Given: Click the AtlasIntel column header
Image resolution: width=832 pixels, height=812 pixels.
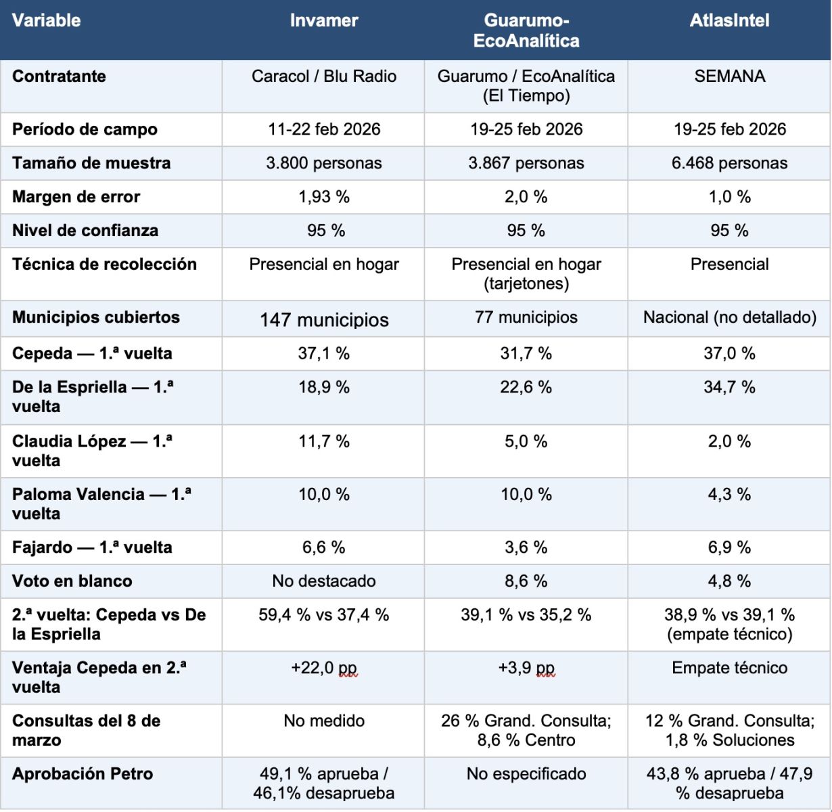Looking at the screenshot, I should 729,20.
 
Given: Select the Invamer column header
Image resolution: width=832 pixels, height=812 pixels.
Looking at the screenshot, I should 324,20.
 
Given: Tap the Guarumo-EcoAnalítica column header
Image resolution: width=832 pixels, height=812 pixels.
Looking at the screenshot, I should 526,30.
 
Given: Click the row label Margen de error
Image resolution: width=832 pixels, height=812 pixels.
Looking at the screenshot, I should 76,197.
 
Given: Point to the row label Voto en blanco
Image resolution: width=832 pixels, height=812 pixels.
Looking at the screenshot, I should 72,581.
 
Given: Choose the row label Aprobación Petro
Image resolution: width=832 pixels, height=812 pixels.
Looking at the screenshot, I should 83,773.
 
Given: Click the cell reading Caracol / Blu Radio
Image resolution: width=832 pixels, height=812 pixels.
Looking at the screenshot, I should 324,76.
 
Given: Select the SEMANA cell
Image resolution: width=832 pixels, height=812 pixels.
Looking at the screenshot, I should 729,76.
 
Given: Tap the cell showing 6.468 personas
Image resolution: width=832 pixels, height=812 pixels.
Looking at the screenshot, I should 729,163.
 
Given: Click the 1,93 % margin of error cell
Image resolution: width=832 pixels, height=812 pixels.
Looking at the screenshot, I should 324,197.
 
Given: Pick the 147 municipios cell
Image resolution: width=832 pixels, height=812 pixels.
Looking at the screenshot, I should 324,319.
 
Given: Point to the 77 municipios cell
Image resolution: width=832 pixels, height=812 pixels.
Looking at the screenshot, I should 526,317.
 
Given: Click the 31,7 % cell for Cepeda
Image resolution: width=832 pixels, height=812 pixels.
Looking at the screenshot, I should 526,353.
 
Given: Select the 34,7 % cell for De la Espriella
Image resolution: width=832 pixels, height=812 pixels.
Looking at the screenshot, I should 729,387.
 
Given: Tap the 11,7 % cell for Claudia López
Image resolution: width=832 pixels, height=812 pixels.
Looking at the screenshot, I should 324,441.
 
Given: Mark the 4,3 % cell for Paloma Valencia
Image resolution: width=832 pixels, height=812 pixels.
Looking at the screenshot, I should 729,494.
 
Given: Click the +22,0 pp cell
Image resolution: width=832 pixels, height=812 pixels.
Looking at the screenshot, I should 324,668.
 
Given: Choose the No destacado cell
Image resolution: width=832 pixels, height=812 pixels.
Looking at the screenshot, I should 324,581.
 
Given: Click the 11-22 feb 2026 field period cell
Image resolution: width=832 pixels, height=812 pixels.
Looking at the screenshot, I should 324,129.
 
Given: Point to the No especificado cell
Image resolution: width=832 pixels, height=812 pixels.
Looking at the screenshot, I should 526,773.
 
